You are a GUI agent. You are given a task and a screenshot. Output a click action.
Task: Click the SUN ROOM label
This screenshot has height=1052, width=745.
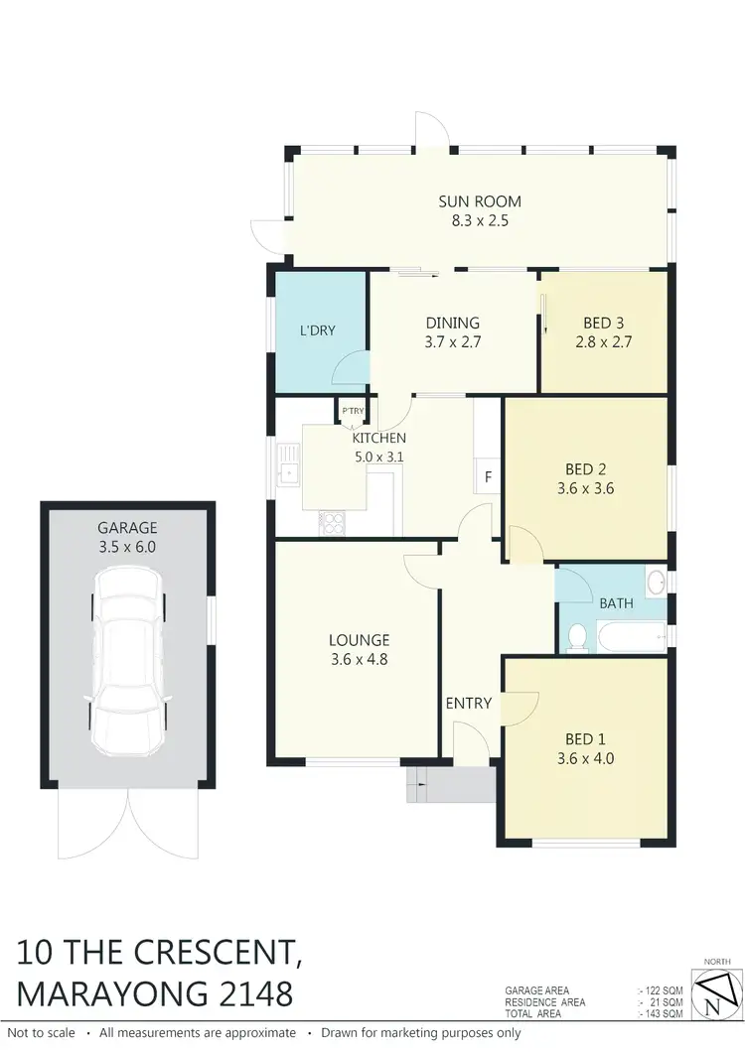(480, 201)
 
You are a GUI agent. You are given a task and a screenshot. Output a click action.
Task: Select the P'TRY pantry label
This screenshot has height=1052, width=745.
(352, 411)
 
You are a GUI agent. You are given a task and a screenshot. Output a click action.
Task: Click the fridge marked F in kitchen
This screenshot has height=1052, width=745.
(488, 476)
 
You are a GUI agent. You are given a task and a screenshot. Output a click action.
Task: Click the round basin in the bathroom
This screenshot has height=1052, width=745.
(656, 581)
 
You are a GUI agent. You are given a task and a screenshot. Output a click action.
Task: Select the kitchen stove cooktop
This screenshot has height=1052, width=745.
(332, 522)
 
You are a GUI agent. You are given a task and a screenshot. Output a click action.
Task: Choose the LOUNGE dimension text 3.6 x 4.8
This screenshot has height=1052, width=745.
(359, 657)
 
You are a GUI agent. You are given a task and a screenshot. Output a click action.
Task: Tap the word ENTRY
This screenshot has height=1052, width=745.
(469, 703)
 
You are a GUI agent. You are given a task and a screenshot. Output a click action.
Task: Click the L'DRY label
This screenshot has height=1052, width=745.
(318, 330)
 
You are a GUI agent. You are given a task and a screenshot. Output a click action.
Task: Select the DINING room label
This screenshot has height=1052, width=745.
(453, 323)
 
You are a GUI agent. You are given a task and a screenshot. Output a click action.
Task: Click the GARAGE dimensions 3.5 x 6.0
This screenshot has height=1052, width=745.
(126, 546)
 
